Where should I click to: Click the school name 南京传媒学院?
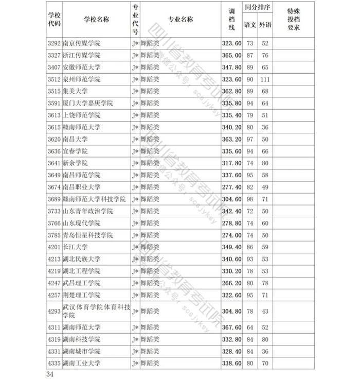tap(81, 43)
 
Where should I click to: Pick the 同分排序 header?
tap(257, 8)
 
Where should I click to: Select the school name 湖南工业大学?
tap(81, 363)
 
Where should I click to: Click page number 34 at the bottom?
tap(50, 373)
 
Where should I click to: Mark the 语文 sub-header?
tap(250, 25)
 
